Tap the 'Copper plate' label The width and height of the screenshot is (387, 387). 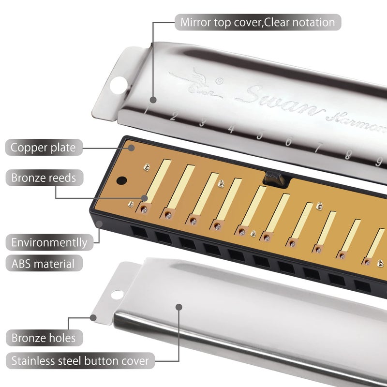point(44,147)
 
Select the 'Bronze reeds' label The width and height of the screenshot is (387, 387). point(44,178)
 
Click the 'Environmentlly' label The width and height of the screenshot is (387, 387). point(49,242)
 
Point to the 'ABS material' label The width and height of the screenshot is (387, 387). point(44,264)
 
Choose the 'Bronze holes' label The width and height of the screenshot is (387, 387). point(44,337)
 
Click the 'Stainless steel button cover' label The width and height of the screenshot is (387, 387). point(80,360)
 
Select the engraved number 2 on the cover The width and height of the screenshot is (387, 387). point(173,117)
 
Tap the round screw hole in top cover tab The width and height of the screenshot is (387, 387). point(117,86)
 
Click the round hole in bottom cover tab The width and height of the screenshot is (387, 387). point(116,294)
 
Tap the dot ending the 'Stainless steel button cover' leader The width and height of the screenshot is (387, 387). point(179,307)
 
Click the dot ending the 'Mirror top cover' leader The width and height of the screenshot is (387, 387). point(153,100)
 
